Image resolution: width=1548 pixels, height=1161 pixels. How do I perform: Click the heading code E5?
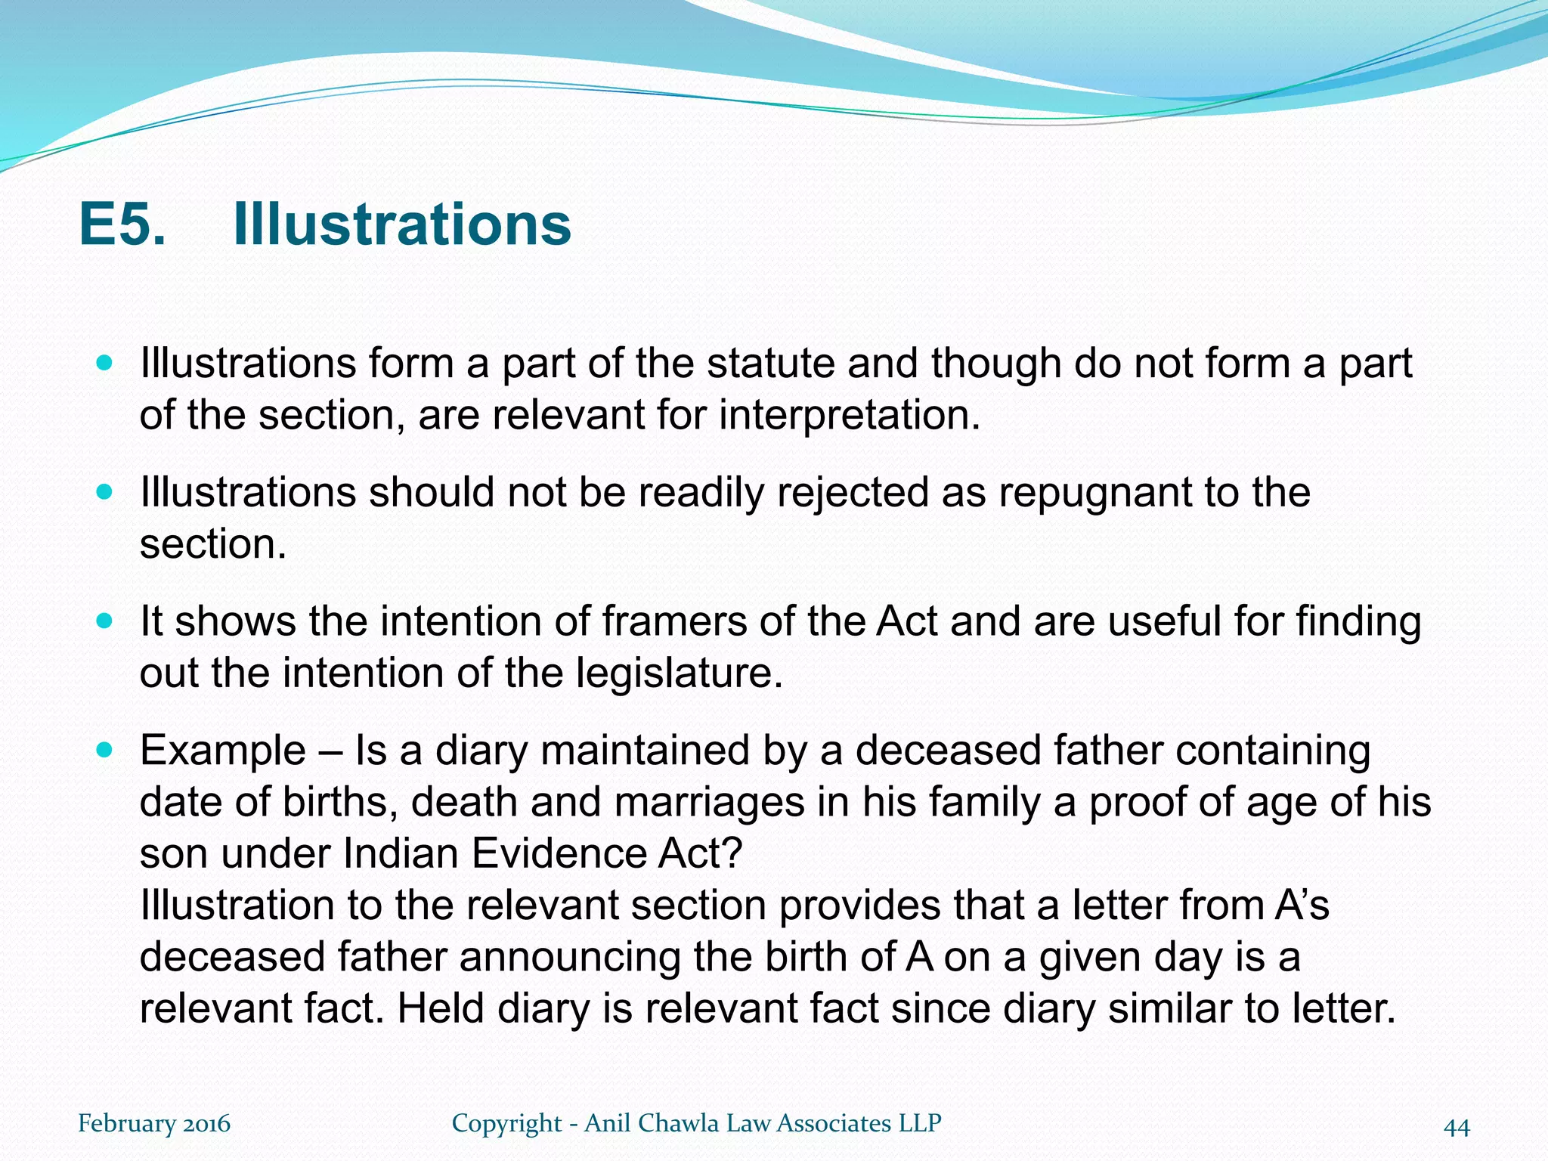(x=122, y=224)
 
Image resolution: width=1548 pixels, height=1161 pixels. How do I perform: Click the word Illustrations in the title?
(x=401, y=224)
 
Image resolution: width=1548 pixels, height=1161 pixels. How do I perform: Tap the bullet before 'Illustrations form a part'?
(x=105, y=364)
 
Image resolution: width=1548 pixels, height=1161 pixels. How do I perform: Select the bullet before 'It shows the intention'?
(x=105, y=621)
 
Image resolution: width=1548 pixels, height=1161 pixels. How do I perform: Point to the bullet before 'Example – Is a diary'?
(x=105, y=751)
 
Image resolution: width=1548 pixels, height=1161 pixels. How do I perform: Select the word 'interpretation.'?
(x=849, y=415)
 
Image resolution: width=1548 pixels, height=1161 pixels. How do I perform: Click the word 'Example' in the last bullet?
(x=223, y=751)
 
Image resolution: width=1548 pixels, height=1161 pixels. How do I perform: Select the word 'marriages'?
(x=709, y=802)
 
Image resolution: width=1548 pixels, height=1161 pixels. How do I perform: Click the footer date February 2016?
(x=154, y=1123)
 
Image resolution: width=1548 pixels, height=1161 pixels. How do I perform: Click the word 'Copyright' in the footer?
(x=506, y=1123)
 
